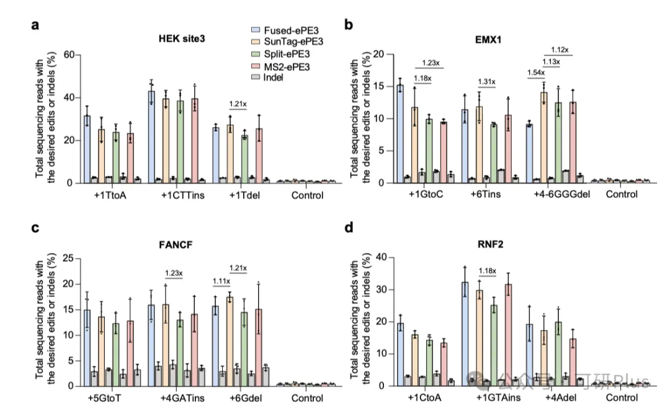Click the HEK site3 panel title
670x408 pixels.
[x=182, y=38]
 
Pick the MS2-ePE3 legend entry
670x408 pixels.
[x=284, y=65]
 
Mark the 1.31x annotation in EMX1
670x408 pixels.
[x=488, y=83]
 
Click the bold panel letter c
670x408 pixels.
[x=35, y=227]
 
